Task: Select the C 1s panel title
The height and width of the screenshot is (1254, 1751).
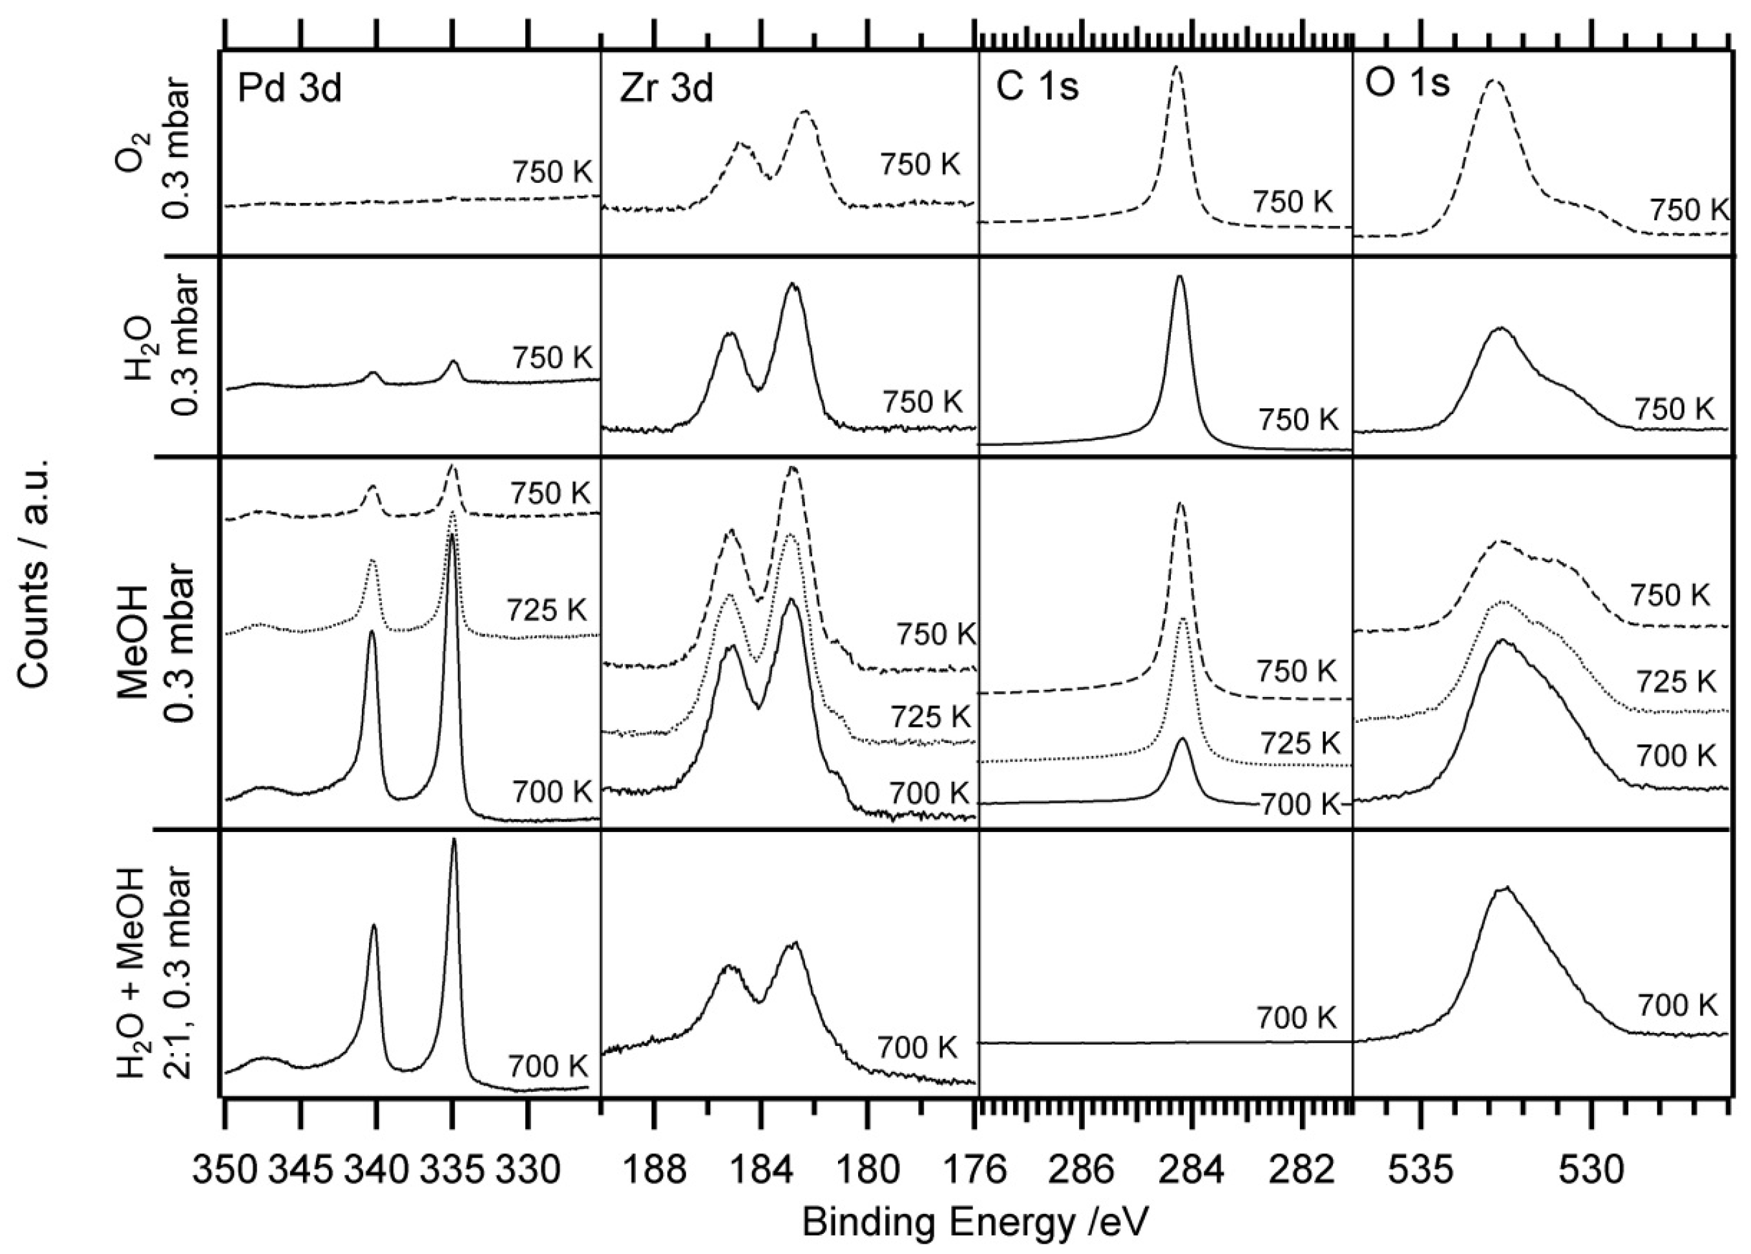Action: click(x=1037, y=88)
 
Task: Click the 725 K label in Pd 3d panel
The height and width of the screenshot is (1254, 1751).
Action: click(x=547, y=610)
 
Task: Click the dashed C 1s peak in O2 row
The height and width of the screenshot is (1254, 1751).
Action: click(x=1176, y=74)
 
